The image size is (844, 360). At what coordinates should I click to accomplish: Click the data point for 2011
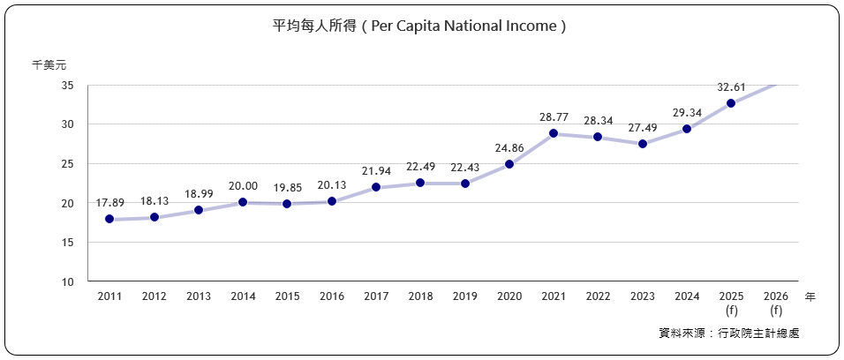click(109, 219)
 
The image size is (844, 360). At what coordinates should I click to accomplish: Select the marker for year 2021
click(554, 133)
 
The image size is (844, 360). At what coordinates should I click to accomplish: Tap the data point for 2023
click(642, 144)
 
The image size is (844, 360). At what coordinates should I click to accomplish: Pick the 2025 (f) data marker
click(731, 103)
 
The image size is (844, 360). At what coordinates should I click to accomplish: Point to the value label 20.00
click(243, 186)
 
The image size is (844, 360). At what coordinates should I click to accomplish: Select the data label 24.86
click(509, 147)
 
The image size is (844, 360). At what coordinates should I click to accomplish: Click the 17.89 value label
click(109, 203)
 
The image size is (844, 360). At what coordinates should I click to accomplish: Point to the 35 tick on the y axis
click(68, 86)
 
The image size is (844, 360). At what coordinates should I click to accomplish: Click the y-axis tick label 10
click(68, 281)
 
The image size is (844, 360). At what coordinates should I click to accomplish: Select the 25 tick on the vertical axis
click(68, 164)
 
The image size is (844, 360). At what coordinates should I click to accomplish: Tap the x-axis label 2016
click(331, 297)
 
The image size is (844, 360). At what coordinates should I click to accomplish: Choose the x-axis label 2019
click(464, 297)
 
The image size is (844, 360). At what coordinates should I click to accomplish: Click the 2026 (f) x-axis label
click(776, 304)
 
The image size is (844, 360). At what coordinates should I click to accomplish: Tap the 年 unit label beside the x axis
click(810, 297)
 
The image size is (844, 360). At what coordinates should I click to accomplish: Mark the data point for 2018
click(420, 183)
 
